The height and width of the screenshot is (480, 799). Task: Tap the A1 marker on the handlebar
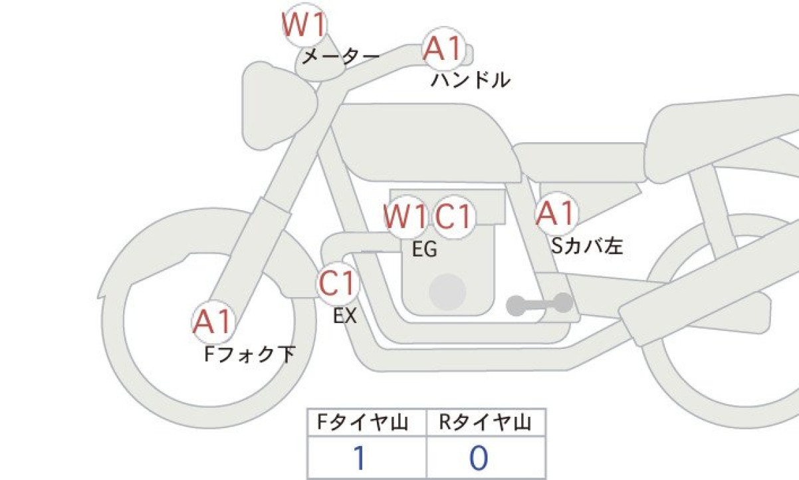tap(443, 50)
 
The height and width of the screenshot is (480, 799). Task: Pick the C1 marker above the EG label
tap(453, 217)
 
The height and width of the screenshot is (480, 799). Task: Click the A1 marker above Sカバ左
tap(556, 213)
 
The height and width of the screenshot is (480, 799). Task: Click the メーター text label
tap(340, 57)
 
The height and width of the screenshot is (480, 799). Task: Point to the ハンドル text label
tap(471, 81)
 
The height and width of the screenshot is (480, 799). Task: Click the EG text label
tap(424, 249)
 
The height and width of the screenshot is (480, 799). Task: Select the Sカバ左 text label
tap(587, 247)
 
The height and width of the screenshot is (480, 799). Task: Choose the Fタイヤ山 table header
tap(366, 423)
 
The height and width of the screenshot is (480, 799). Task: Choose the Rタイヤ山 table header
tap(485, 423)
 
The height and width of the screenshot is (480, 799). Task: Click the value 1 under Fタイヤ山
tap(360, 459)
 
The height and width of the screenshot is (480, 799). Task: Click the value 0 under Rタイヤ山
tap(479, 459)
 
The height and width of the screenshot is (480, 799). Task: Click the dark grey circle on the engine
tap(447, 291)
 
